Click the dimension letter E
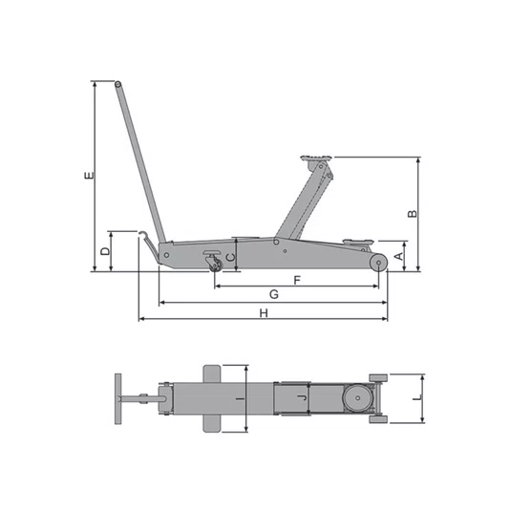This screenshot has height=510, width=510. (x=89, y=176)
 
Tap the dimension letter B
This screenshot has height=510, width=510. (x=413, y=214)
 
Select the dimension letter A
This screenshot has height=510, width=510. (x=399, y=257)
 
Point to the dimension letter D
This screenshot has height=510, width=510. (x=105, y=251)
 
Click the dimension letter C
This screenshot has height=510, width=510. (x=230, y=258)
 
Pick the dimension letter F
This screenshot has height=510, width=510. (x=297, y=280)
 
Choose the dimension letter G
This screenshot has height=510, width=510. (x=274, y=294)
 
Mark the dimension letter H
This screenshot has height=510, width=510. (x=264, y=313)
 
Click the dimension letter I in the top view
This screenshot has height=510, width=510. (x=240, y=398)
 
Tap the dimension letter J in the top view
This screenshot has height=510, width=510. (x=303, y=397)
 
